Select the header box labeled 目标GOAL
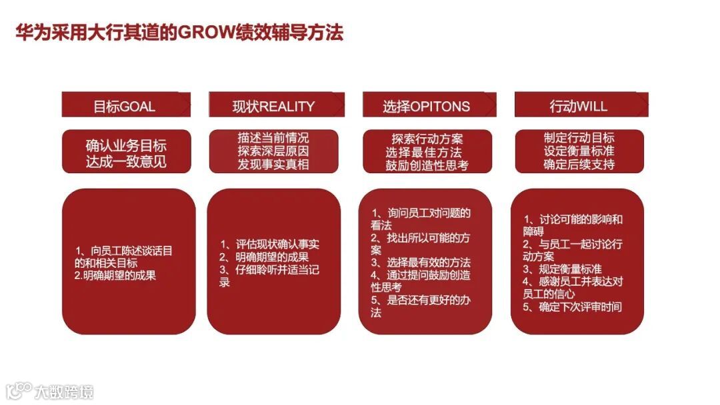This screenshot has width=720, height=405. click(126, 106)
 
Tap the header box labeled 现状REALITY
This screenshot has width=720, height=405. click(275, 106)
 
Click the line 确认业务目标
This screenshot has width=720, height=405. click(126, 145)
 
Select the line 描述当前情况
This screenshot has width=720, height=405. click(273, 139)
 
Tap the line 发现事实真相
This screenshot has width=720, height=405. click(273, 165)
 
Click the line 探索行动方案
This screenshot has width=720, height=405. click(427, 139)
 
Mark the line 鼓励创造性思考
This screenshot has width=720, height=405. click(427, 165)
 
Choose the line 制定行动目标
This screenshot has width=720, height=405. click(579, 138)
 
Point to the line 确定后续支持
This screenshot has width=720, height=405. click(579, 164)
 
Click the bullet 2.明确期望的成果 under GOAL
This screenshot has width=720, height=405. click(115, 275)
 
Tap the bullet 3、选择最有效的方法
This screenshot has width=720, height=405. click(420, 262)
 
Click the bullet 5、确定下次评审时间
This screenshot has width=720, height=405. click(572, 307)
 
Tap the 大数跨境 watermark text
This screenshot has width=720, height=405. click(65, 391)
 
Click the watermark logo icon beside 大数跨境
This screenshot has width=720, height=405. click(19, 390)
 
